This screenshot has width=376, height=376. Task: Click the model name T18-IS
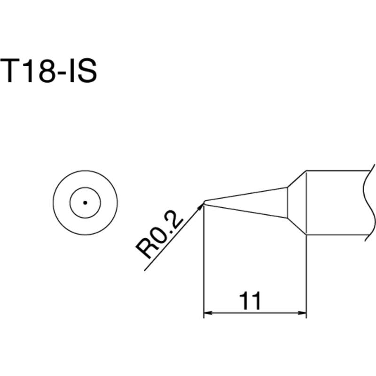pyautogui.click(x=49, y=71)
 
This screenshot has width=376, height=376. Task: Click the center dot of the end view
pyautogui.click(x=85, y=203)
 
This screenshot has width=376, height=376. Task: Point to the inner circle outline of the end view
pyautogui.click(x=70, y=203)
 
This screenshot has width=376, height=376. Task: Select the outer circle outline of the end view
pyautogui.click(x=53, y=203)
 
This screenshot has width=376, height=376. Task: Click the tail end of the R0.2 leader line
pyautogui.click(x=144, y=270)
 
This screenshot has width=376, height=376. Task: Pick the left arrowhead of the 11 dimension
pyautogui.click(x=208, y=313)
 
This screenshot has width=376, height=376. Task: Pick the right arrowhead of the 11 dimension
pyautogui.click(x=302, y=313)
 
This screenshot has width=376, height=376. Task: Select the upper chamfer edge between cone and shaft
pyautogui.click(x=297, y=179)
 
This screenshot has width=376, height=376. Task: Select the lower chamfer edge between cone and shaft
pyautogui.click(x=297, y=226)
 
